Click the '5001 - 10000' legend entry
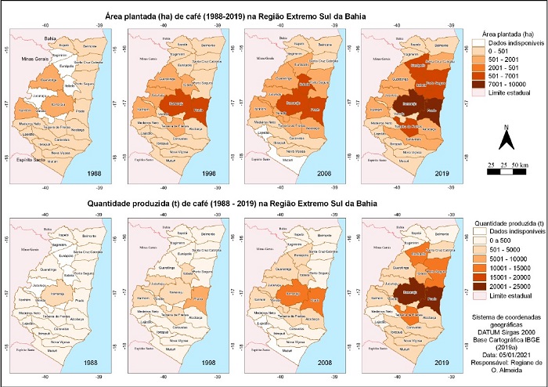pos(502,257)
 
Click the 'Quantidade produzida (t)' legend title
pos(509,221)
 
